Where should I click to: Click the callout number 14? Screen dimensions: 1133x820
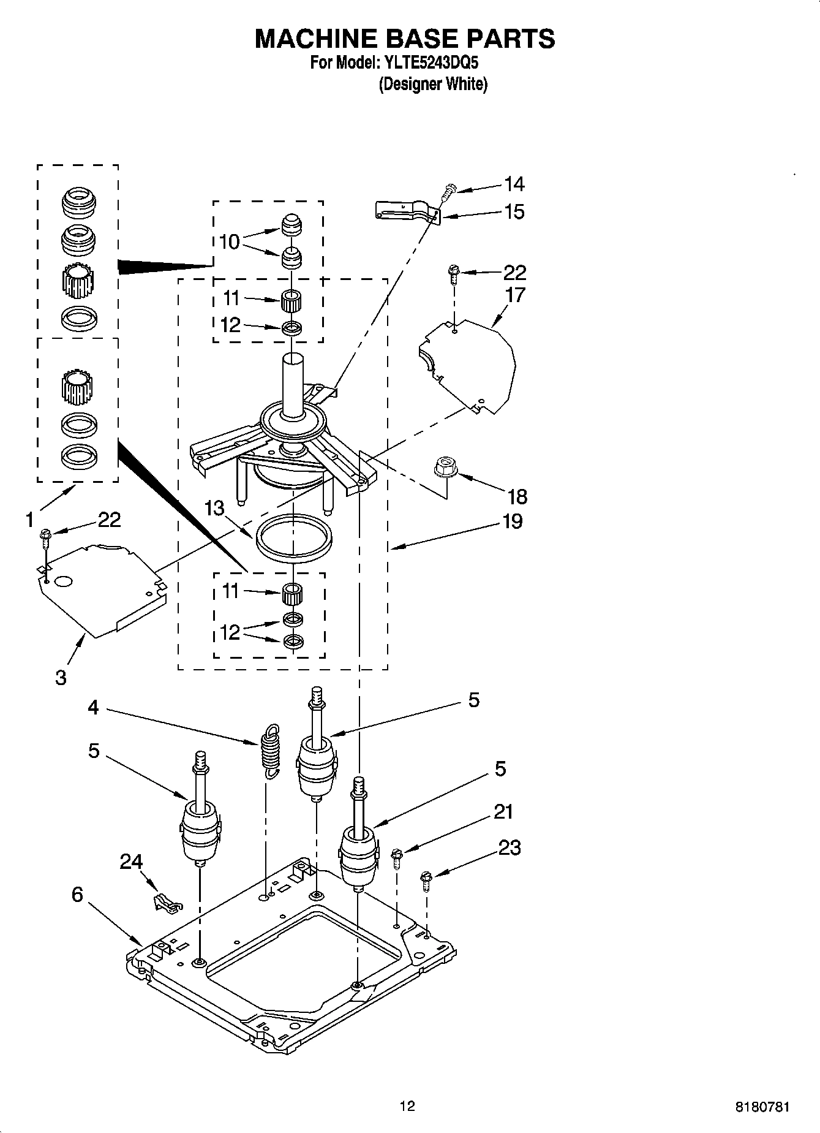tap(514, 184)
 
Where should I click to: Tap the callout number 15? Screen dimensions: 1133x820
tap(514, 212)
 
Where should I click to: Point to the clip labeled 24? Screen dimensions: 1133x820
tap(165, 903)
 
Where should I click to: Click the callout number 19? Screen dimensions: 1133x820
tap(512, 521)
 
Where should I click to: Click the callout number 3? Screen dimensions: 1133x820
tap(61, 678)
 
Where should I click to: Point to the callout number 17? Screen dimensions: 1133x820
tap(515, 295)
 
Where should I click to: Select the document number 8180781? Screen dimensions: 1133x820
tap(762, 1107)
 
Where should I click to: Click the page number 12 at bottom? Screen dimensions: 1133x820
tap(407, 1106)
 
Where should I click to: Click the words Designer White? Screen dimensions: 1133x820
tap(433, 85)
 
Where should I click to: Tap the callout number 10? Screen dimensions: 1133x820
tap(230, 242)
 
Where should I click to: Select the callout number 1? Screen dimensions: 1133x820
tap(29, 520)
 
